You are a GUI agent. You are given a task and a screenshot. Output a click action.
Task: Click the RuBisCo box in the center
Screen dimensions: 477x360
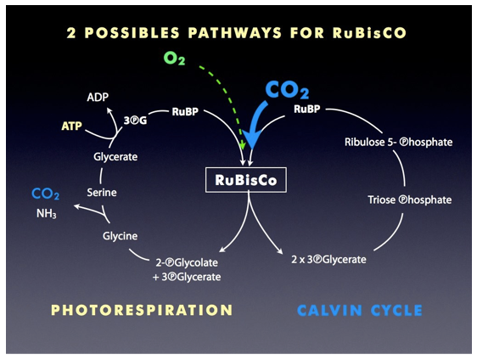coord(246,180)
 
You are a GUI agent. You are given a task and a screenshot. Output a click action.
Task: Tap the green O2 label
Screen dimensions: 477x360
coord(174,58)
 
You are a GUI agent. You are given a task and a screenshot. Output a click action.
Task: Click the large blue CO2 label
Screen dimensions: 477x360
coord(287,90)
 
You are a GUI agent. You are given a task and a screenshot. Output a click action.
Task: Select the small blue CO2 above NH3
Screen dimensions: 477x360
coord(45,194)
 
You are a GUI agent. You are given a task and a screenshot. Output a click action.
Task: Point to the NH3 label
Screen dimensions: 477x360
coord(46,213)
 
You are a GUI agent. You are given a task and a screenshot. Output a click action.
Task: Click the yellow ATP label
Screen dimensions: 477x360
coord(71,126)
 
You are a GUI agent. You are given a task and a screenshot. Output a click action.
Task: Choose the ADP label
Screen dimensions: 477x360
coord(98,97)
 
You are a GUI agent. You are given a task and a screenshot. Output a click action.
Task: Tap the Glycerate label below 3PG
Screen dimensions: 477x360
coord(115,157)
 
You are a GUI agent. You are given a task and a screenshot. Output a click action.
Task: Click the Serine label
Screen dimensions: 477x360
coord(102,193)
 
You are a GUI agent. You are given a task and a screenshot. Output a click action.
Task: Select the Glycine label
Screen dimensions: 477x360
coord(120,236)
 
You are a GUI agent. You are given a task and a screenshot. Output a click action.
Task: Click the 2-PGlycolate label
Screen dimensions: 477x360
coord(187,262)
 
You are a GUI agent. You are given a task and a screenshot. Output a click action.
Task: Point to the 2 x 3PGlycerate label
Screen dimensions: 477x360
coord(328,260)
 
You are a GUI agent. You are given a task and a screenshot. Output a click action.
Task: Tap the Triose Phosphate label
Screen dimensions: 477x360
coord(409,200)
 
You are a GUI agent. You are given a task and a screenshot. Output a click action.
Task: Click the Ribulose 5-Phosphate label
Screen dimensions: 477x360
coord(399,142)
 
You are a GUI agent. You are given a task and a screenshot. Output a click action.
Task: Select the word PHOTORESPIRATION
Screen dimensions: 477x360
coord(142,310)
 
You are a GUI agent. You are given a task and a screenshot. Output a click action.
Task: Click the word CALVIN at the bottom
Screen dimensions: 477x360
coord(329,311)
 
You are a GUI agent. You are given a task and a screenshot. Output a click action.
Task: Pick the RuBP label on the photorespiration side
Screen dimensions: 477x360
coord(185,112)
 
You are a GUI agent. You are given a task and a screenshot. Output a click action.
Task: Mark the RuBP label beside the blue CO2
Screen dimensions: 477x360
coord(307,109)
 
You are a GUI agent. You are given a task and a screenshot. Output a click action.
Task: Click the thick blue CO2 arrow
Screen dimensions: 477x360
coord(255,125)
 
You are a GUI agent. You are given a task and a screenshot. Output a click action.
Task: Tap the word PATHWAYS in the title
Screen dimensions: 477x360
coord(235,33)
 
